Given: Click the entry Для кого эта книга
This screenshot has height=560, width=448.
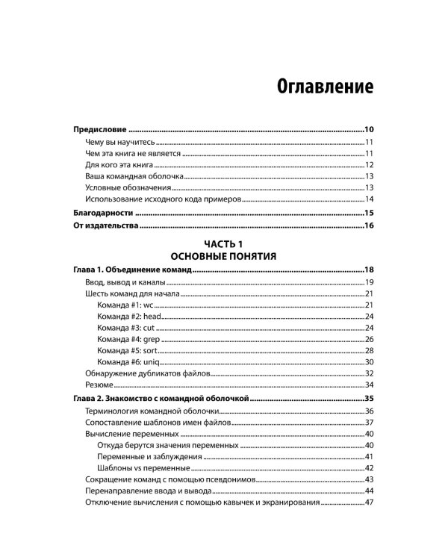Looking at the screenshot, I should pos(119,164).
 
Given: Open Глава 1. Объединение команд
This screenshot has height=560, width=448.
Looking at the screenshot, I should pos(132,270).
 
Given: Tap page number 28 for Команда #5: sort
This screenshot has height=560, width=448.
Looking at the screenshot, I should pos(369,350).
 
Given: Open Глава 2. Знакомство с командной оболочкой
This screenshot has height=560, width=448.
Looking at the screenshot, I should pos(160,399).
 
